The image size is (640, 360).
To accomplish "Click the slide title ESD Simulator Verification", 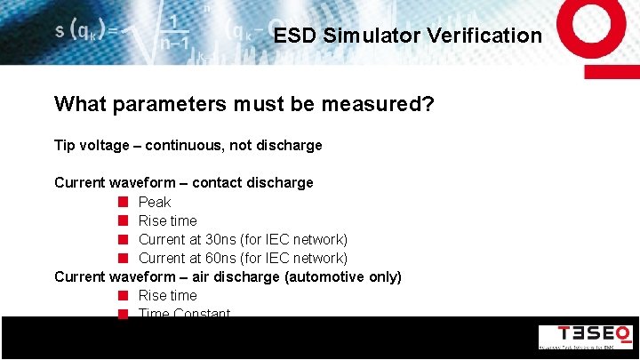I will (x=407, y=36).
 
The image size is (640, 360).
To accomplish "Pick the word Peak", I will (x=155, y=202).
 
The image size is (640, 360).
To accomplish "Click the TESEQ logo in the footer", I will (x=585, y=336).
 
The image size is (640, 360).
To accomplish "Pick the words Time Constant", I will (x=184, y=313).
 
